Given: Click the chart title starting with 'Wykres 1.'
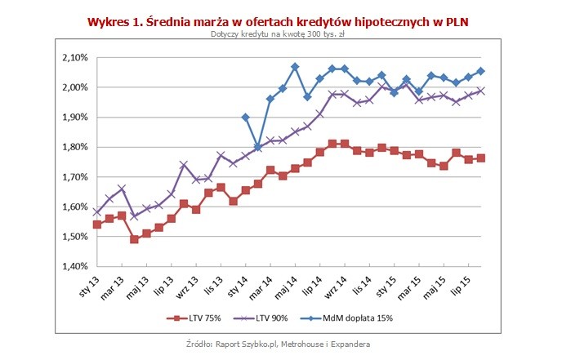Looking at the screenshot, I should click(281, 20).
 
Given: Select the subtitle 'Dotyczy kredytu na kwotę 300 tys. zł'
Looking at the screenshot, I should click(281, 35).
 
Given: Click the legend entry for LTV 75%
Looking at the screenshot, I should click(193, 318).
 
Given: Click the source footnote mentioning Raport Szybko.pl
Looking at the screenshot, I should click(281, 342).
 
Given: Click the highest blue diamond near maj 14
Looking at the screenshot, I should click(295, 66).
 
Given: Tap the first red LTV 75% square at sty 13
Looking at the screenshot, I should click(97, 224).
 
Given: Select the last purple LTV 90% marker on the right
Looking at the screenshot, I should click(480, 91).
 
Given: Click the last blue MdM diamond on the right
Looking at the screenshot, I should click(480, 71).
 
